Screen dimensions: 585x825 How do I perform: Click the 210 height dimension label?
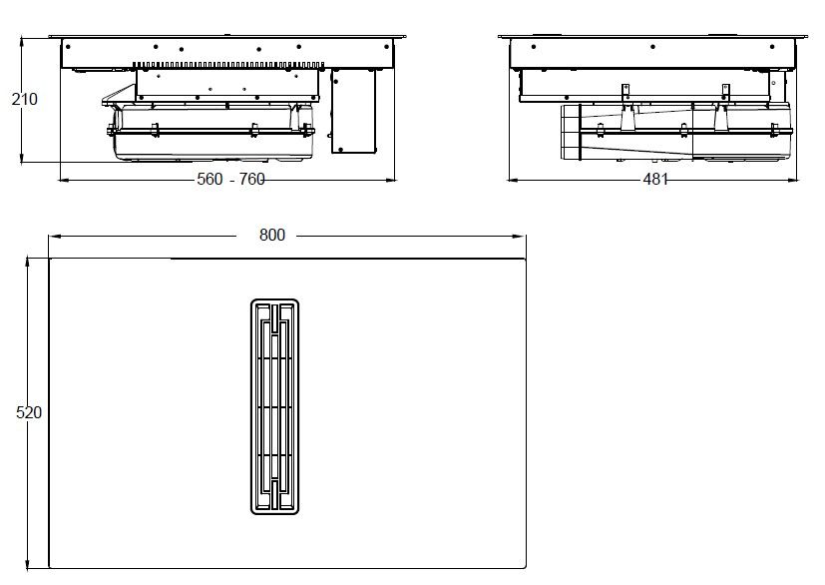point(24,99)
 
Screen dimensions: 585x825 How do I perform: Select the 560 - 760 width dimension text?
point(231,180)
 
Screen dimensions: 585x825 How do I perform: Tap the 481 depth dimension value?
point(654,180)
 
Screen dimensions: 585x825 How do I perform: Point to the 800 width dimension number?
point(271,236)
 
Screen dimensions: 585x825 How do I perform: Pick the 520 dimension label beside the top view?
point(29,411)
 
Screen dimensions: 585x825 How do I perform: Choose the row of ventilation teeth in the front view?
point(229,63)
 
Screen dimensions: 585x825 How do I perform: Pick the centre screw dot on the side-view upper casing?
point(653,47)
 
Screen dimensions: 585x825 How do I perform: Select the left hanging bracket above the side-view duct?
point(626,91)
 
